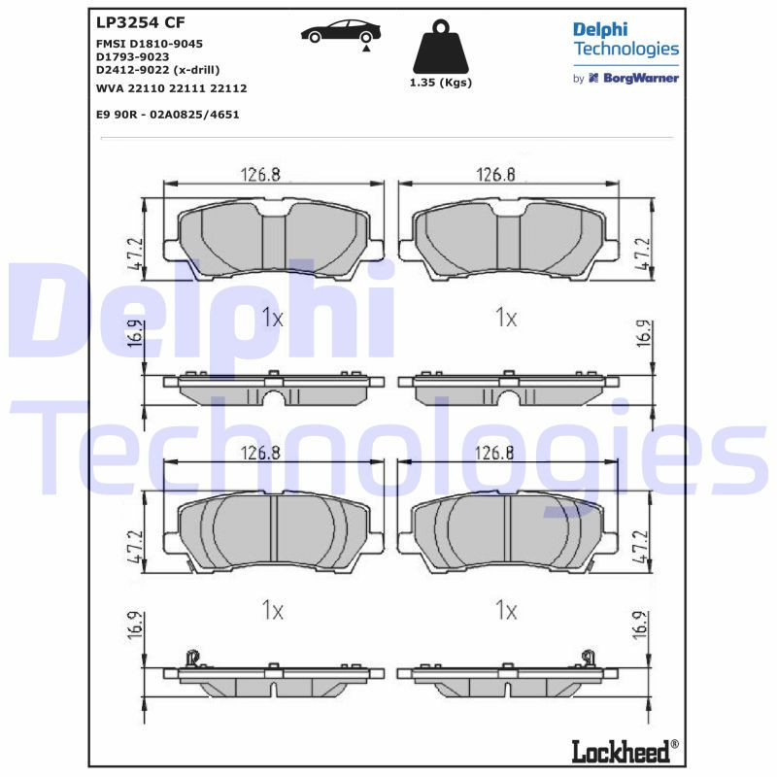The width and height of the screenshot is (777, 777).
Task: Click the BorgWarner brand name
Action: coord(638,78)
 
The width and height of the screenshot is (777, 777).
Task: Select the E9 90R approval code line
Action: coord(167,115)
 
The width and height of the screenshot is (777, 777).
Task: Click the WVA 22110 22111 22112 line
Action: coord(171,88)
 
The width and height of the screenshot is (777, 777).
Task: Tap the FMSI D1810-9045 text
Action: coord(149,44)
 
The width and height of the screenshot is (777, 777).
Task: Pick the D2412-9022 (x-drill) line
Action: coord(157,70)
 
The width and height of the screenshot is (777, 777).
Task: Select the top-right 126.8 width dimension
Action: coord(495,175)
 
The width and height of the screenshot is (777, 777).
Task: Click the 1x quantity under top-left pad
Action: coord(272,318)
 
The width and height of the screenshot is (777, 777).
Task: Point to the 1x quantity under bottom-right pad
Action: coord(505,610)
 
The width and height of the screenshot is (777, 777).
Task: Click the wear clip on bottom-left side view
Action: coord(192,658)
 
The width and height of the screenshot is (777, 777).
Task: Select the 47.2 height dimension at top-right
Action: coord(640,253)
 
